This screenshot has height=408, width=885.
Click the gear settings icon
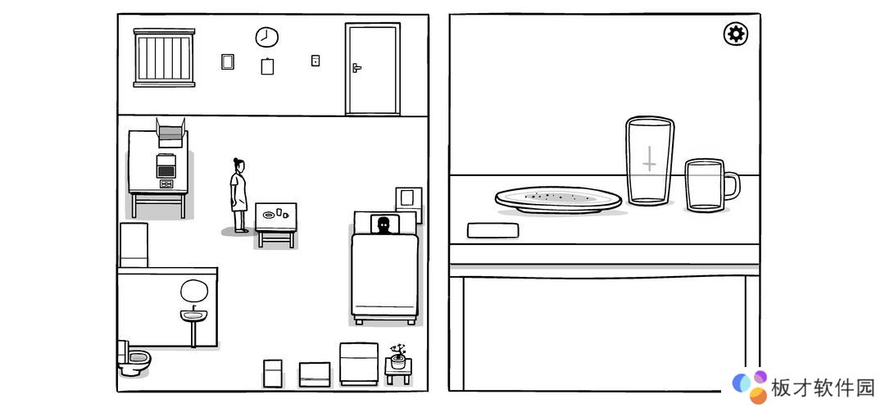(735, 34)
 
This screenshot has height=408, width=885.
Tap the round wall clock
(267, 37)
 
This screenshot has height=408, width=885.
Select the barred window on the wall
(164, 57)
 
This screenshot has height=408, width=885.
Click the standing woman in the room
(238, 195)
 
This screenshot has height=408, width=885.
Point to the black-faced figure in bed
(384, 225)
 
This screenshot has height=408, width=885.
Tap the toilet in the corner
(134, 358)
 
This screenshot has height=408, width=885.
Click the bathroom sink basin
(194, 315)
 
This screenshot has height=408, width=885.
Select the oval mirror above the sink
(194, 291)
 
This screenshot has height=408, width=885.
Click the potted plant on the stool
(398, 356)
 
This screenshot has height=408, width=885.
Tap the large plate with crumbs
(558, 200)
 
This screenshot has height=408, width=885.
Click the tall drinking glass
(650, 161)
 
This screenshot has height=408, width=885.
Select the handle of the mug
(732, 185)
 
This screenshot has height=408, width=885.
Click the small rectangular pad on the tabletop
(492, 230)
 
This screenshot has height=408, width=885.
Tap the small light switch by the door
(315, 61)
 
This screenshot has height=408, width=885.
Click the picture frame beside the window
(228, 61)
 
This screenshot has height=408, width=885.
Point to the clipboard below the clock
(267, 66)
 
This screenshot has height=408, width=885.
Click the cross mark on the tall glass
(650, 159)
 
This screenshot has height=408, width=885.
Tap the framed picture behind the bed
(409, 200)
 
